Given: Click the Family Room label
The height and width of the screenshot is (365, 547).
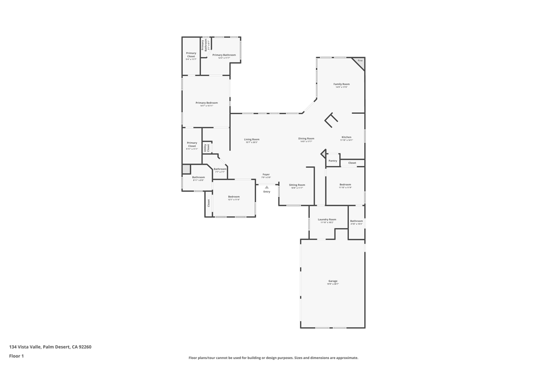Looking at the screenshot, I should coord(341,84).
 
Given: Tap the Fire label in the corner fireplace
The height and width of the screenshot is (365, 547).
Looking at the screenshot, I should coord(360,61).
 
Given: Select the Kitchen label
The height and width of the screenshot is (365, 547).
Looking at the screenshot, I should coord(346,137).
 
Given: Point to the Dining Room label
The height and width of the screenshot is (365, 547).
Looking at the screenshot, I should coord(306,138).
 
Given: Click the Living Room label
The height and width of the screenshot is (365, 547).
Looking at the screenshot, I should coord(252,139).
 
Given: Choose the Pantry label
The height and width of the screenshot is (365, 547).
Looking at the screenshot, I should coord(333,160).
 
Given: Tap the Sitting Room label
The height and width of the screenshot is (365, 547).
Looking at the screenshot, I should coord(297,185).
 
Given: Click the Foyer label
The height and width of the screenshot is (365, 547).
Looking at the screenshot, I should coord(266,174).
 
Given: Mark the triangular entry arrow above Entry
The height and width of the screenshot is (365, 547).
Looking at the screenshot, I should coord(267,187).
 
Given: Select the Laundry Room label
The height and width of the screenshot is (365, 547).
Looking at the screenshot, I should coord(327,219).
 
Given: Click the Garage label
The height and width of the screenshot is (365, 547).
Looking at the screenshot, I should coord(333,281).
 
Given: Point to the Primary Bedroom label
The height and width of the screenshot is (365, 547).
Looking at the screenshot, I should coord(207,103).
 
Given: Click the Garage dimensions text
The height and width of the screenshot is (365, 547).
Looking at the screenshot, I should coord(333,284).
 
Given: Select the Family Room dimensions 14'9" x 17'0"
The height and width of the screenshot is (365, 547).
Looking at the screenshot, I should coord(341,87).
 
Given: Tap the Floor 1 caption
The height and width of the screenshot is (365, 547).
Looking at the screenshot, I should coord(17,356).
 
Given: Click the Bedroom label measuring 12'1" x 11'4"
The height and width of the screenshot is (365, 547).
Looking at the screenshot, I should coord(234,197).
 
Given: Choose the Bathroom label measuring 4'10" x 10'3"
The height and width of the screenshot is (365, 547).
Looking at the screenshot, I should coord(356,221).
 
